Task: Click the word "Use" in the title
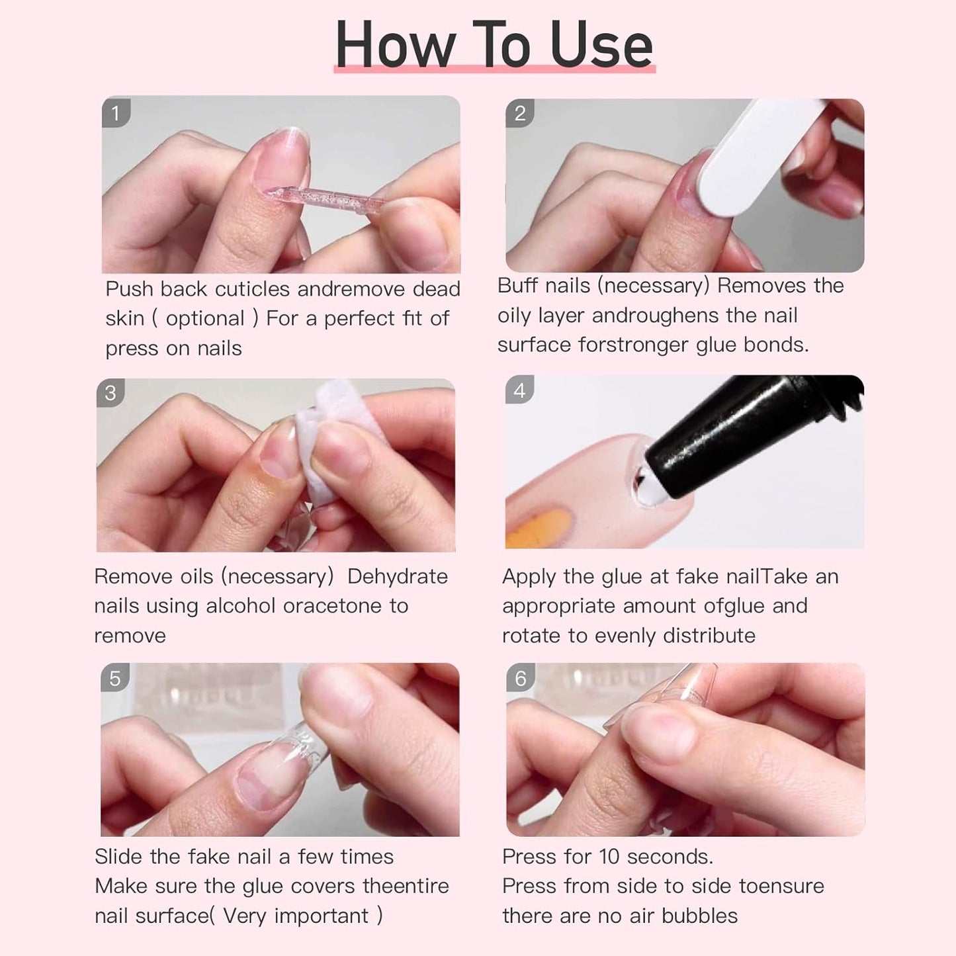[x=601, y=45]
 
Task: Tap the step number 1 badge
[x=116, y=113]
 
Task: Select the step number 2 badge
[x=520, y=114]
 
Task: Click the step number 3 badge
[x=111, y=393]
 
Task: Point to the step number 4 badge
[x=520, y=390]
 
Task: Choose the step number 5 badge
[x=115, y=679]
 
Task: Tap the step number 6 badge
[x=521, y=678]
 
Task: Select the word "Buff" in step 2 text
[x=517, y=286]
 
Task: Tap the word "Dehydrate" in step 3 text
[x=397, y=576]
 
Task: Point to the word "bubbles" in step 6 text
[x=699, y=916]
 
